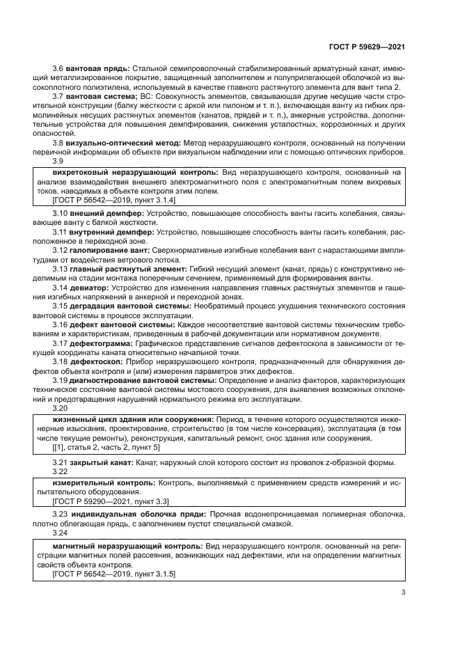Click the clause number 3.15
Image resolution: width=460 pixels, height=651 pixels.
coord(61,305)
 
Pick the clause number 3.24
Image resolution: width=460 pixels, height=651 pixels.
coord(61,531)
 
